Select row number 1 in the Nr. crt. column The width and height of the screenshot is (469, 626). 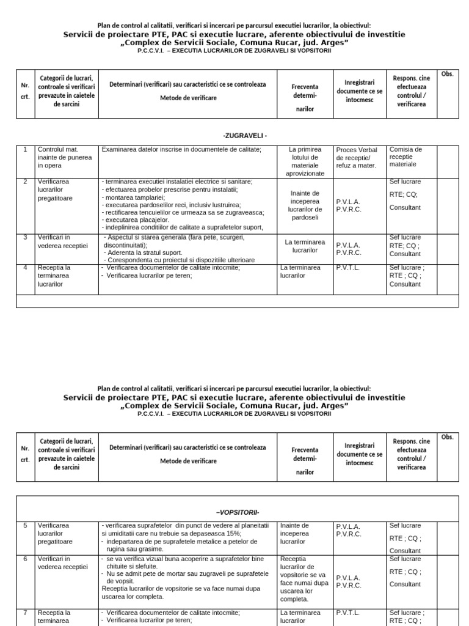coord(25,149)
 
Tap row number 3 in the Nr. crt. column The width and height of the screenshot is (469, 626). coord(25,237)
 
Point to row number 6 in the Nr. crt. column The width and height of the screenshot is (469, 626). coord(25,559)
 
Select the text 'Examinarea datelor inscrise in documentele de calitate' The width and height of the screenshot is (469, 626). coord(181,149)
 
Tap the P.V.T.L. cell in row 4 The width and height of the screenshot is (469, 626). coord(347,267)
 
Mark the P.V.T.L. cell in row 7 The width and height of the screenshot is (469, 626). coord(347,613)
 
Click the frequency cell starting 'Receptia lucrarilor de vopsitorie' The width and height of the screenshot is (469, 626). coord(304,579)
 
